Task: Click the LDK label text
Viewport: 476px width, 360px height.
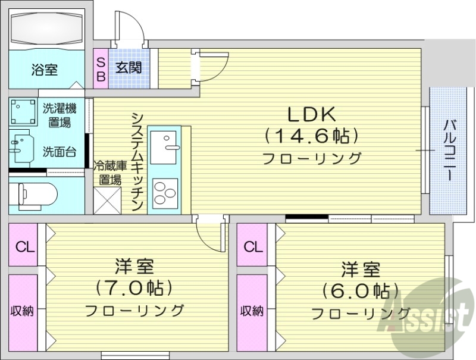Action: pyautogui.click(x=312, y=114)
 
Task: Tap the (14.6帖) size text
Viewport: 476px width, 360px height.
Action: pyautogui.click(x=312, y=136)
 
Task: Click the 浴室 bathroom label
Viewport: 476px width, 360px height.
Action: pyautogui.click(x=45, y=70)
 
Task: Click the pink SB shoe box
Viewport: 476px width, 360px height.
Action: pyautogui.click(x=101, y=69)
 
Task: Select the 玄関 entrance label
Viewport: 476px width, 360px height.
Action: pyautogui.click(x=129, y=67)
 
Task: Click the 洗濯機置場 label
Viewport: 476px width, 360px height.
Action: pyautogui.click(x=59, y=115)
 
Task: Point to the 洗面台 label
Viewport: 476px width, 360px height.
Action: pyautogui.click(x=59, y=152)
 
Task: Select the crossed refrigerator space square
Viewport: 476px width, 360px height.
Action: pyautogui.click(x=108, y=201)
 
